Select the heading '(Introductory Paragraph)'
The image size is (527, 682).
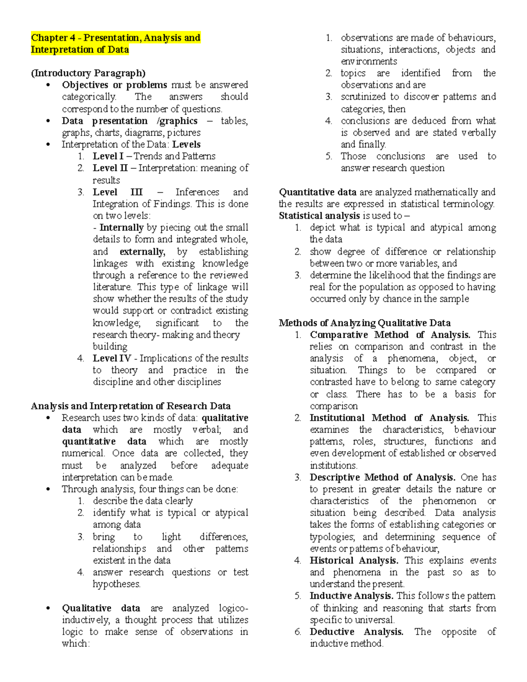pos(88,73)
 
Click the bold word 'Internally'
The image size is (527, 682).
pos(121,227)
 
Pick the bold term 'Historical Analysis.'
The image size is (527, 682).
pos(354,560)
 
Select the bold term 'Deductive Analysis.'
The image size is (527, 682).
pos(356,631)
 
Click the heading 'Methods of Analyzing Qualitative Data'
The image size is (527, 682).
pos(365,323)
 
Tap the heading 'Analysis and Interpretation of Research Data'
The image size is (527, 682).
pos(130,406)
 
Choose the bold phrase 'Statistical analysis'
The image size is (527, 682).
pos(319,216)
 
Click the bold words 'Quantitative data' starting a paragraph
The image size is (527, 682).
pos(318,192)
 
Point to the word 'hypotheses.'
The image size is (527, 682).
pos(116,584)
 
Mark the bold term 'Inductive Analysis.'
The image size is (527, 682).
pos(352,596)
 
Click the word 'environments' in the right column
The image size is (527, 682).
pos(368,61)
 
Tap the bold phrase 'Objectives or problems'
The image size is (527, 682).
pos(114,85)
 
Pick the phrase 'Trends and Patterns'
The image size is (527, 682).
pos(174,156)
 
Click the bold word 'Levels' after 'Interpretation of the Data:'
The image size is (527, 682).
pos(186,144)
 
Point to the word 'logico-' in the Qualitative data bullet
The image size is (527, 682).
pos(233,608)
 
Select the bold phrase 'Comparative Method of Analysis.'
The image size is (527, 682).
pos(390,335)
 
